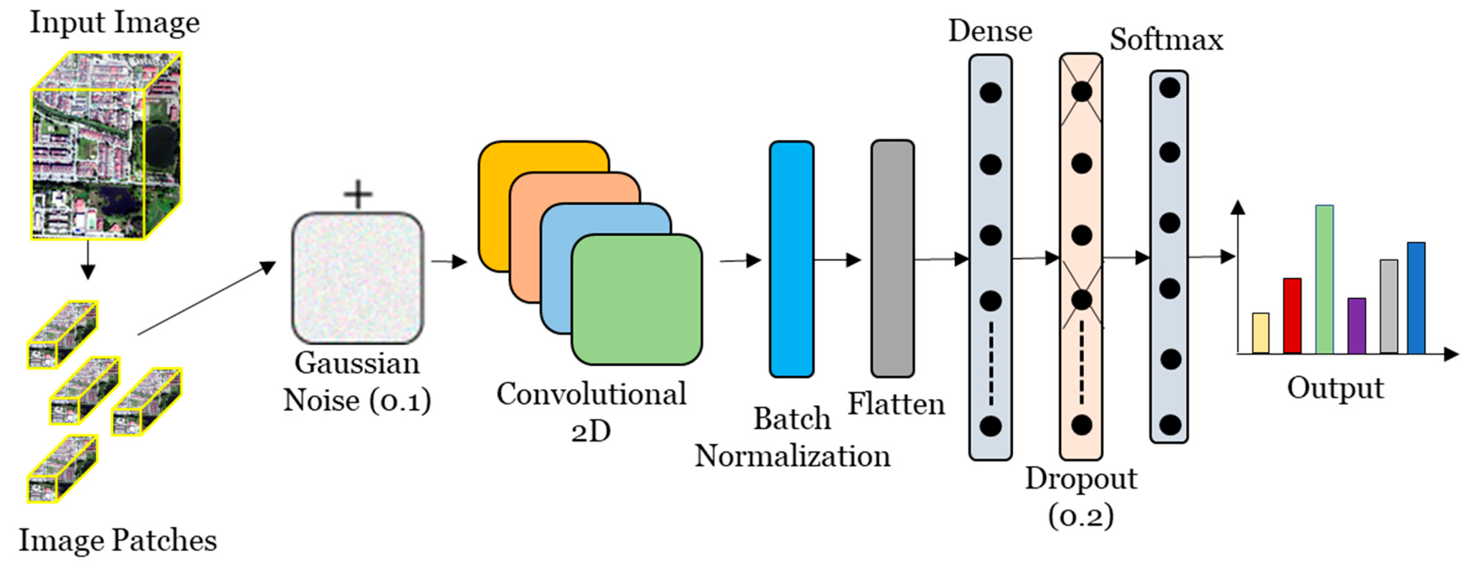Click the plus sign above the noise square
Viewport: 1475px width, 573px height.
coord(358,195)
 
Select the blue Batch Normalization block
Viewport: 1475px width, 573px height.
coord(791,259)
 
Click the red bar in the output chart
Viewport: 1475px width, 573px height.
coord(1292,316)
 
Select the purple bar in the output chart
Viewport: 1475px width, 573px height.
coord(1356,326)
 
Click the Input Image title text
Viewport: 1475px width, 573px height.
coord(114,23)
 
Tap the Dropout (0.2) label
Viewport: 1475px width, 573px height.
coord(1080,496)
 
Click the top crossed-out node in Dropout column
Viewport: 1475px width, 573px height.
coord(1081,92)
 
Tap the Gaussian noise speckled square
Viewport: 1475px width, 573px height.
coord(358,278)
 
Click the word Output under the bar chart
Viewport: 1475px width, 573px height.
coord(1335,388)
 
